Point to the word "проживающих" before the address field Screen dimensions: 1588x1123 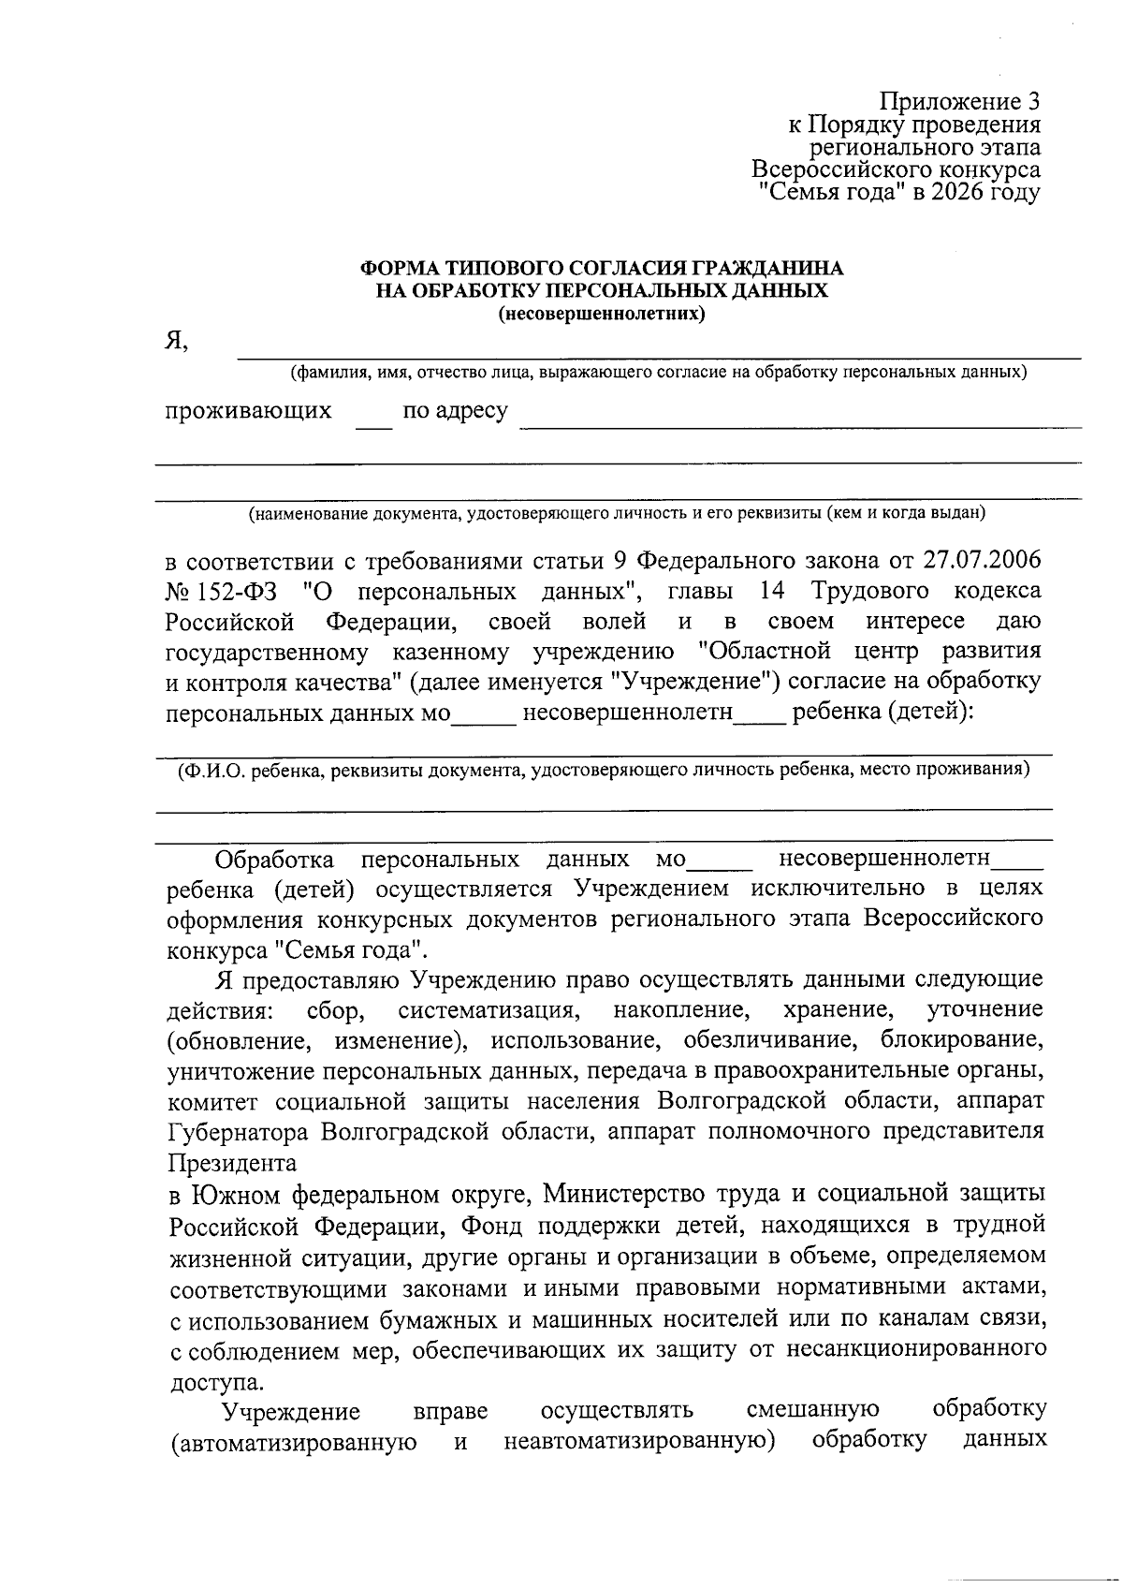point(249,411)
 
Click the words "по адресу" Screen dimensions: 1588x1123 point(455,411)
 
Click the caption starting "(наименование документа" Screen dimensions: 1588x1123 point(616,513)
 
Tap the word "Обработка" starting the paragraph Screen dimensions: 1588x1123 point(274,859)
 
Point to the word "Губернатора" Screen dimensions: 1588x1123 point(238,1131)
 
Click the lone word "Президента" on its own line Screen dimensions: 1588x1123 point(232,1163)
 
